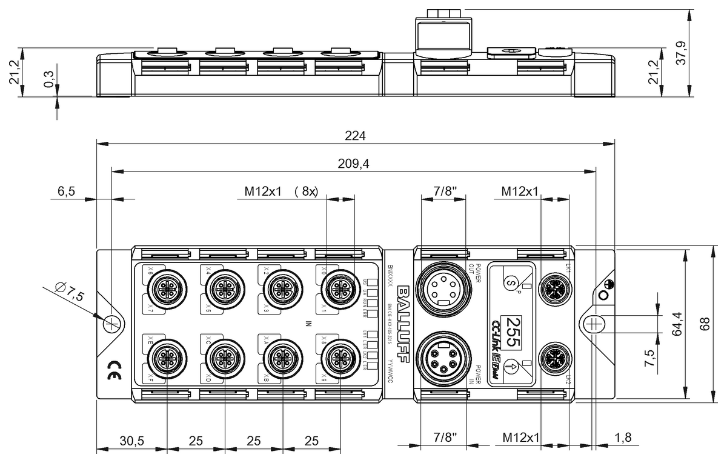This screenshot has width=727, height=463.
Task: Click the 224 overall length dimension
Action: click(x=356, y=136)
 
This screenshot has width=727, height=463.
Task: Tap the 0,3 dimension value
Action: click(x=49, y=79)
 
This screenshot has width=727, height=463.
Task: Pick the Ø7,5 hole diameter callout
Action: click(x=66, y=294)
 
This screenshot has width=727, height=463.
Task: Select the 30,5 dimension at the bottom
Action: click(x=131, y=441)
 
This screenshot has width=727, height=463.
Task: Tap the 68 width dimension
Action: click(x=704, y=324)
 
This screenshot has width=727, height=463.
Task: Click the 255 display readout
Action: click(x=513, y=331)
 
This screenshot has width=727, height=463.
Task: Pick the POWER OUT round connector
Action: click(x=443, y=287)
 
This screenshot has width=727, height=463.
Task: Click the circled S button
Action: click(x=512, y=282)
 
